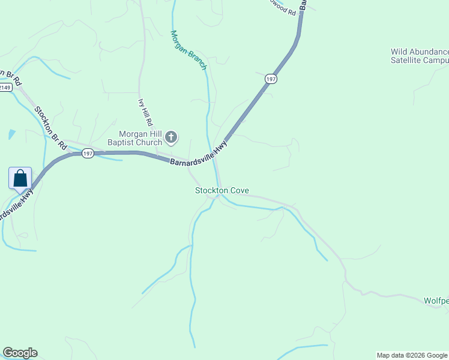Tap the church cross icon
(x=171, y=138)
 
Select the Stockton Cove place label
(x=221, y=190)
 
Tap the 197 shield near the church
(x=88, y=153)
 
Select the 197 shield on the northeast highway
(x=271, y=79)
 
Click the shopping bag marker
(x=20, y=179)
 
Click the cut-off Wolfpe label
(x=436, y=301)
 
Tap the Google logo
(x=20, y=353)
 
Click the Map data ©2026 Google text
(x=412, y=355)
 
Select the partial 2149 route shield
(x=5, y=88)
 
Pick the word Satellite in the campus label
(x=409, y=61)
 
